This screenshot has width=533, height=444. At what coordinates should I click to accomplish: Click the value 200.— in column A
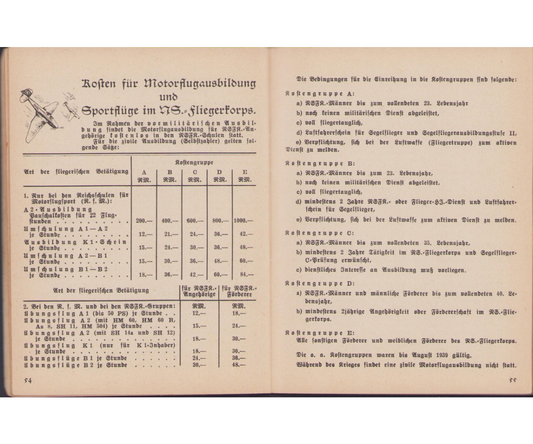pos(144,221)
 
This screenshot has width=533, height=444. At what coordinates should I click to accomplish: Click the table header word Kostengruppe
pos(194,163)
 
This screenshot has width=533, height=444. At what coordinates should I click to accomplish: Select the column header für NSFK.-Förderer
pos(239,291)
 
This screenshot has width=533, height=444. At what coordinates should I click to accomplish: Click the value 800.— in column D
pos(219,221)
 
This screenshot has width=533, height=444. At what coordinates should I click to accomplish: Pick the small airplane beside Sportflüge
pos(71,109)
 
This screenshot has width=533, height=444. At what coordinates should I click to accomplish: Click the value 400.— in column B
pos(169,221)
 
